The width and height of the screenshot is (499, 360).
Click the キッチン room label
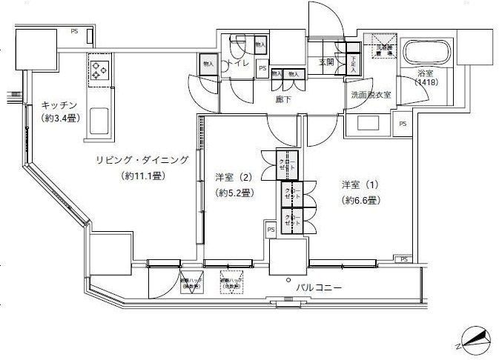(x=59, y=105)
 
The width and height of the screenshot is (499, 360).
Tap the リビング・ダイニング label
(x=142, y=160)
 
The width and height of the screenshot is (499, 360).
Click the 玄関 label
(x=328, y=61)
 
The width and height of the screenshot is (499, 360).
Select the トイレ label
(x=239, y=64)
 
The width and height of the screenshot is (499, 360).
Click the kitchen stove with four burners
(x=99, y=70)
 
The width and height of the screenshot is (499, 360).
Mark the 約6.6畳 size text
(x=361, y=200)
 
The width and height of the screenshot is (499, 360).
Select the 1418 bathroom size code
(x=426, y=82)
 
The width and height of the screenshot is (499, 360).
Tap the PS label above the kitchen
(x=74, y=30)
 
